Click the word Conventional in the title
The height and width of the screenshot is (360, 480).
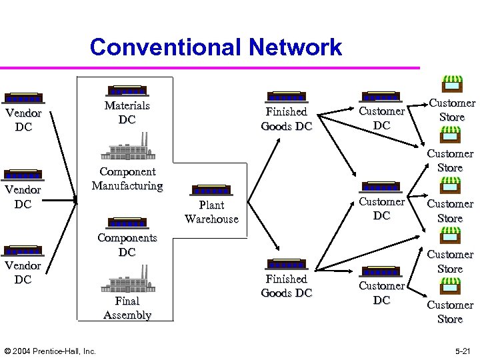pyautogui.click(x=165, y=47)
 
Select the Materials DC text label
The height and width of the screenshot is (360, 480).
pyautogui.click(x=127, y=113)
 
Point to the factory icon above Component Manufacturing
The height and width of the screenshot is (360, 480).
pyautogui.click(x=127, y=147)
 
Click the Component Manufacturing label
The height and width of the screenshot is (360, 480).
pyautogui.click(x=127, y=179)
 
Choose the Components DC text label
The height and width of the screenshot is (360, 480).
pyautogui.click(x=127, y=245)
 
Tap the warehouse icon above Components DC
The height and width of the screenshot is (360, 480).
pyautogui.click(x=127, y=223)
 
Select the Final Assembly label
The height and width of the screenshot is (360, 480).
pyautogui.click(x=127, y=308)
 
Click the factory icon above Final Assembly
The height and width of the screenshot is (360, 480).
pyautogui.click(x=127, y=279)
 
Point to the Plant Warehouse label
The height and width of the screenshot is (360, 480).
pyautogui.click(x=211, y=212)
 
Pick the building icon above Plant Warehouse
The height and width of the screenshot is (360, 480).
pyautogui.click(x=211, y=191)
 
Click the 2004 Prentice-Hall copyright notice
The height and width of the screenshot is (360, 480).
pyautogui.click(x=50, y=351)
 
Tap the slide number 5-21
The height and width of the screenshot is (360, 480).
pyautogui.click(x=459, y=351)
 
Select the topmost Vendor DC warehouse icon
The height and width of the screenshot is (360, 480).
pyautogui.click(x=23, y=98)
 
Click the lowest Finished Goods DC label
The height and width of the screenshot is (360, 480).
pyautogui.click(x=286, y=286)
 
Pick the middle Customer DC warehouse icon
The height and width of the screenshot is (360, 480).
pyautogui.click(x=381, y=187)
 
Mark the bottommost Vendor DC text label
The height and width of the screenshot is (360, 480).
pyautogui.click(x=23, y=272)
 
